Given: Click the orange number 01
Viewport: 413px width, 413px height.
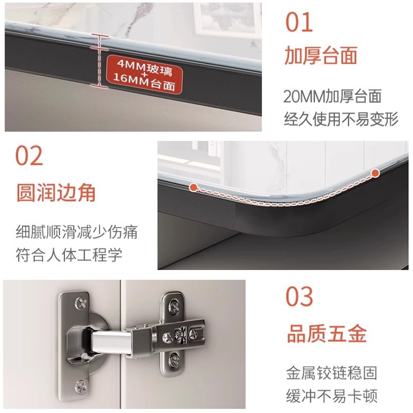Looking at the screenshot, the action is pos(299,22).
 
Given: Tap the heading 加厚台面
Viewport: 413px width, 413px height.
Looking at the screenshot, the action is pos(321,55).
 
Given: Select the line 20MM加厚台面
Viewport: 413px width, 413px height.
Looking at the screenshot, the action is pos(332,97).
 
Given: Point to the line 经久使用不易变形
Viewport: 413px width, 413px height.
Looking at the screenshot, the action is pos(341,119).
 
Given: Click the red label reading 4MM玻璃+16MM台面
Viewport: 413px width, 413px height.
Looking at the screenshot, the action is pos(144,74).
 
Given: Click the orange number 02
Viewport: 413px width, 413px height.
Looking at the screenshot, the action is pos(29,155).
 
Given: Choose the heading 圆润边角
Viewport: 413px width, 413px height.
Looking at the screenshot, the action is pos(56,193).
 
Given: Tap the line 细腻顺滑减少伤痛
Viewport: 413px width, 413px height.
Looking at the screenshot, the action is pos(76,232).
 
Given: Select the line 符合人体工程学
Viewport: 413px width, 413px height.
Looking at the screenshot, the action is pos(69,255).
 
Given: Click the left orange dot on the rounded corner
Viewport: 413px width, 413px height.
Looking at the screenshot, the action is pos(194,187).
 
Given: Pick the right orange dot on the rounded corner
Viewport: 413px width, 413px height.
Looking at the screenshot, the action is pos(375,173).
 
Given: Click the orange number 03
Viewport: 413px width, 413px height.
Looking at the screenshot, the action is pos(299,296).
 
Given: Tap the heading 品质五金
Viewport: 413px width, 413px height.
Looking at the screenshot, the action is pos(327,333).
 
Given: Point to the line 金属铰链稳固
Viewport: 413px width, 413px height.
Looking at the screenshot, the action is pos(331,373).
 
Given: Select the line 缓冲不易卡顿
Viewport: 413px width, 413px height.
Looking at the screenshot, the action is pos(331,395).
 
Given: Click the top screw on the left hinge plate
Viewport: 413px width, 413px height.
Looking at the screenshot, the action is pos(81,304).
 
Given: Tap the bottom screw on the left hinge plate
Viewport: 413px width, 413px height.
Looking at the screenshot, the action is pos(81,386).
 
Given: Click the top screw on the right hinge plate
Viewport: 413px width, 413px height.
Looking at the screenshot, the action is pos(174,307).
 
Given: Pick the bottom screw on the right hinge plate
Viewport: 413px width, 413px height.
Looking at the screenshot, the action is pos(174,359).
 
